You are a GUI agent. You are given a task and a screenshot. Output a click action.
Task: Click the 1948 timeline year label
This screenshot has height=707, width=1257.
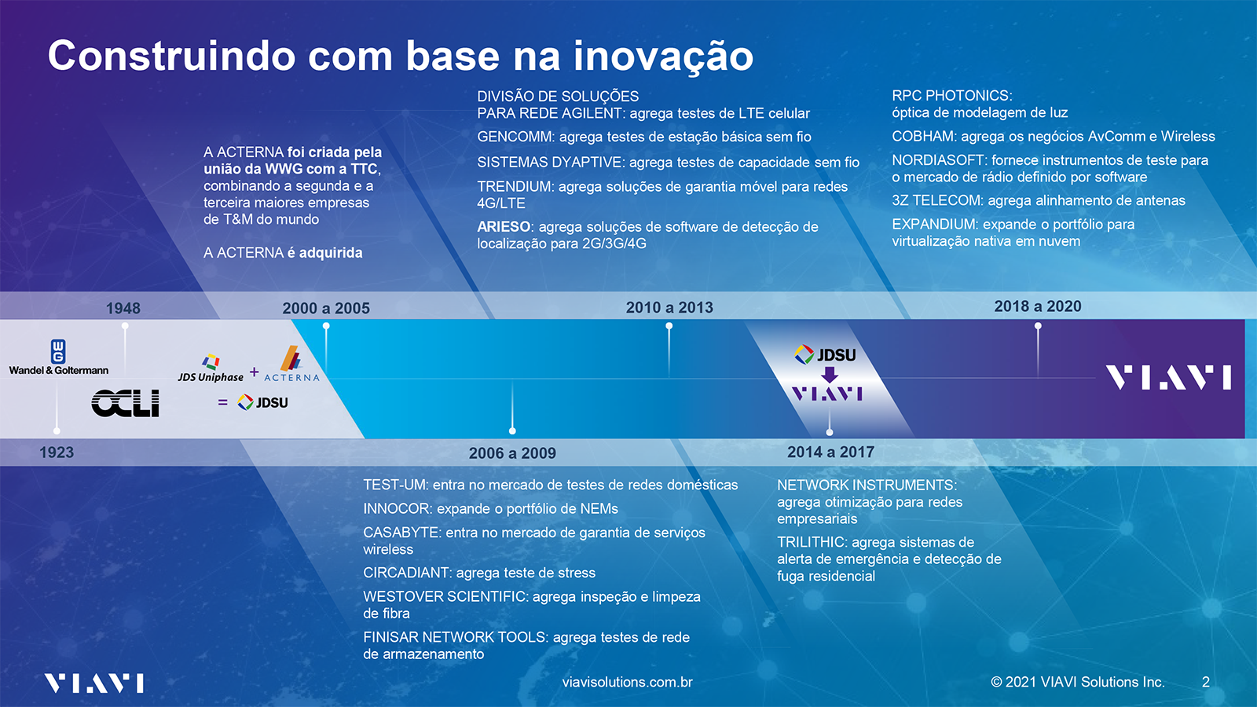tap(123, 308)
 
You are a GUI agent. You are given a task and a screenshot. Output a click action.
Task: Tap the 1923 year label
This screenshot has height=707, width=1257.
tap(57, 452)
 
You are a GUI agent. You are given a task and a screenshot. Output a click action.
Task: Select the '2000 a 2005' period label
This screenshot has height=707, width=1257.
tap(326, 308)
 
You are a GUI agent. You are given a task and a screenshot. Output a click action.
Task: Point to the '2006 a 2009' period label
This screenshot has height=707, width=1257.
tap(512, 452)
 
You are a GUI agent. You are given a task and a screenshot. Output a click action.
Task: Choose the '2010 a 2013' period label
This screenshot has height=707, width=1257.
tap(669, 307)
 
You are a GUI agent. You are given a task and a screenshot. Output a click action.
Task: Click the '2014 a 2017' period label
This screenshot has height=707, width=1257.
tap(830, 452)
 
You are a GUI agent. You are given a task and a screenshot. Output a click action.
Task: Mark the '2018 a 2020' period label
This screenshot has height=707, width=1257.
tap(1038, 306)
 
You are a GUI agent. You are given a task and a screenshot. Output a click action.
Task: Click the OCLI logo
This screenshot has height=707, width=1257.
tap(125, 403)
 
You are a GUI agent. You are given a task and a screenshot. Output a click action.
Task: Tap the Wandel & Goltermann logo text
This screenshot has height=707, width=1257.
tap(59, 370)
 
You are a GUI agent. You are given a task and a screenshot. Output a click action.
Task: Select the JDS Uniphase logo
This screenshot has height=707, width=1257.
tap(211, 368)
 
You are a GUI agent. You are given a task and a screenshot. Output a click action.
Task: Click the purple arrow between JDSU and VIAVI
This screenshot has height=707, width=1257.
tap(830, 374)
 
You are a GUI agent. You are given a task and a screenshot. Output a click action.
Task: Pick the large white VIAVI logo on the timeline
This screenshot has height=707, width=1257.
tap(1168, 377)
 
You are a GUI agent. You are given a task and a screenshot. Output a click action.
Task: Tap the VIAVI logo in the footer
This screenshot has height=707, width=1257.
tap(93, 683)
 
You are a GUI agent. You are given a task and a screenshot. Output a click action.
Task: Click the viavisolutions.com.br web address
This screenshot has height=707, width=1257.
tap(628, 683)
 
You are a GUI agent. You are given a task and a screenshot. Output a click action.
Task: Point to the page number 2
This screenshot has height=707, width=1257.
tap(1205, 682)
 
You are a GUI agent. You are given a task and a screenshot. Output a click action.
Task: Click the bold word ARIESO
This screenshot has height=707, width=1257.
tap(504, 227)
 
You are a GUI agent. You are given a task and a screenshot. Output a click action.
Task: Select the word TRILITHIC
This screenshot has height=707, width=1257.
tap(812, 542)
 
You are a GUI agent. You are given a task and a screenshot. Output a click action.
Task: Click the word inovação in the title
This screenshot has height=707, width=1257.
tap(663, 56)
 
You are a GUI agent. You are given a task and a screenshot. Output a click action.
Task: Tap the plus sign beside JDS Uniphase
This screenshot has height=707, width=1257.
tap(255, 372)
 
